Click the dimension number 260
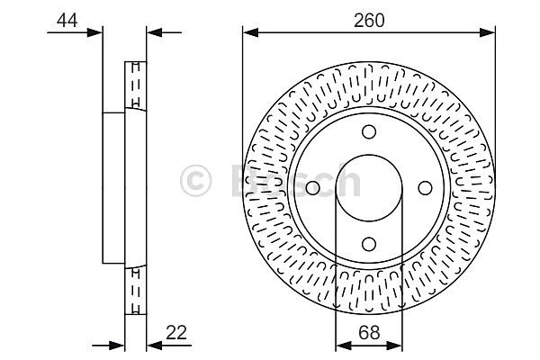click(x=369, y=21)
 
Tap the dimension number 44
click(x=67, y=21)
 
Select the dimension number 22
click(x=176, y=332)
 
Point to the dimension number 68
click(x=369, y=332)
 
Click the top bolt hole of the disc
click(x=369, y=132)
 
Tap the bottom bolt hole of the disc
click(x=369, y=244)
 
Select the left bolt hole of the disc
click(x=312, y=188)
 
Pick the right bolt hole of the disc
click(x=425, y=188)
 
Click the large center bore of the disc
click(x=369, y=188)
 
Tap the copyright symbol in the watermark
click(x=195, y=181)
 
